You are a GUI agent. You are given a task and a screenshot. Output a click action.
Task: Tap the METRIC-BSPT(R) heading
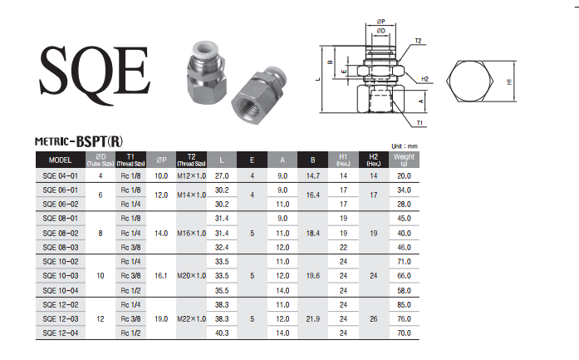tap(79, 141)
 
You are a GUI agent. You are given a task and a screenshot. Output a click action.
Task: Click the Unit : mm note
tap(405, 146)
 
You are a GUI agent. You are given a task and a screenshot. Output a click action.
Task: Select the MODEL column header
tap(60, 160)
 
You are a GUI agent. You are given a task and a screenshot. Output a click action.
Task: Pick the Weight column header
tap(404, 160)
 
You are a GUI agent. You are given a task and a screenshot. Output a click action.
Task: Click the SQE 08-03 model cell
tap(61, 247)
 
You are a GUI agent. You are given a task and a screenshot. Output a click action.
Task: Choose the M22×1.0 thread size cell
tap(191, 319)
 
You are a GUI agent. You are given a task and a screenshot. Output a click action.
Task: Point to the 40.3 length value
tap(222, 333)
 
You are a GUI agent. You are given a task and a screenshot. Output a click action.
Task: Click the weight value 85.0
tap(404, 305)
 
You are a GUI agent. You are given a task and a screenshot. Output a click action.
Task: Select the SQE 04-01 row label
tap(61, 176)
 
